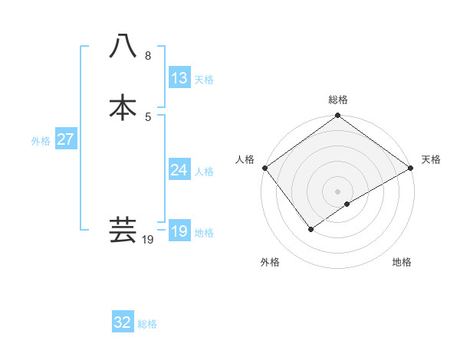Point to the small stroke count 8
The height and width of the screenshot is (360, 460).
(x=148, y=56)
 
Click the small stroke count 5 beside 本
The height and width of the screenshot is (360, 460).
(x=148, y=116)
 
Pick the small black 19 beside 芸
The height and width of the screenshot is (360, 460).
(x=148, y=240)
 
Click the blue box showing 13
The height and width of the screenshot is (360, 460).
(x=179, y=78)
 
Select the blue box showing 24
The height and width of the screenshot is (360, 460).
(x=179, y=170)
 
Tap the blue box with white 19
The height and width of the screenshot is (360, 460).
(x=179, y=231)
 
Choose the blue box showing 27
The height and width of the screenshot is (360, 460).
(x=66, y=139)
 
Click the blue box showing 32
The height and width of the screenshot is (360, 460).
(x=123, y=322)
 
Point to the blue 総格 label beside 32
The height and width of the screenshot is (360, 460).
(x=147, y=324)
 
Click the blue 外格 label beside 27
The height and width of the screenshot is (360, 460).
(x=41, y=141)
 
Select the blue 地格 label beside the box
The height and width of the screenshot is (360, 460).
(x=204, y=233)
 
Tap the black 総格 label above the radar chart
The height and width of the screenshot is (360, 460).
(x=337, y=100)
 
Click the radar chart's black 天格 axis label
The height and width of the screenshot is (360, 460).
(x=431, y=159)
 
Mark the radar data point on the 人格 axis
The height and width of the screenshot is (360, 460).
(x=264, y=168)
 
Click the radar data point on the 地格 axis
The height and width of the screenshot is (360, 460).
(x=347, y=204)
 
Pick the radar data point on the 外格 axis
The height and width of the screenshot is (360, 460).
(x=311, y=228)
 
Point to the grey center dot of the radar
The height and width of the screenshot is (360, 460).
(x=337, y=191)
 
